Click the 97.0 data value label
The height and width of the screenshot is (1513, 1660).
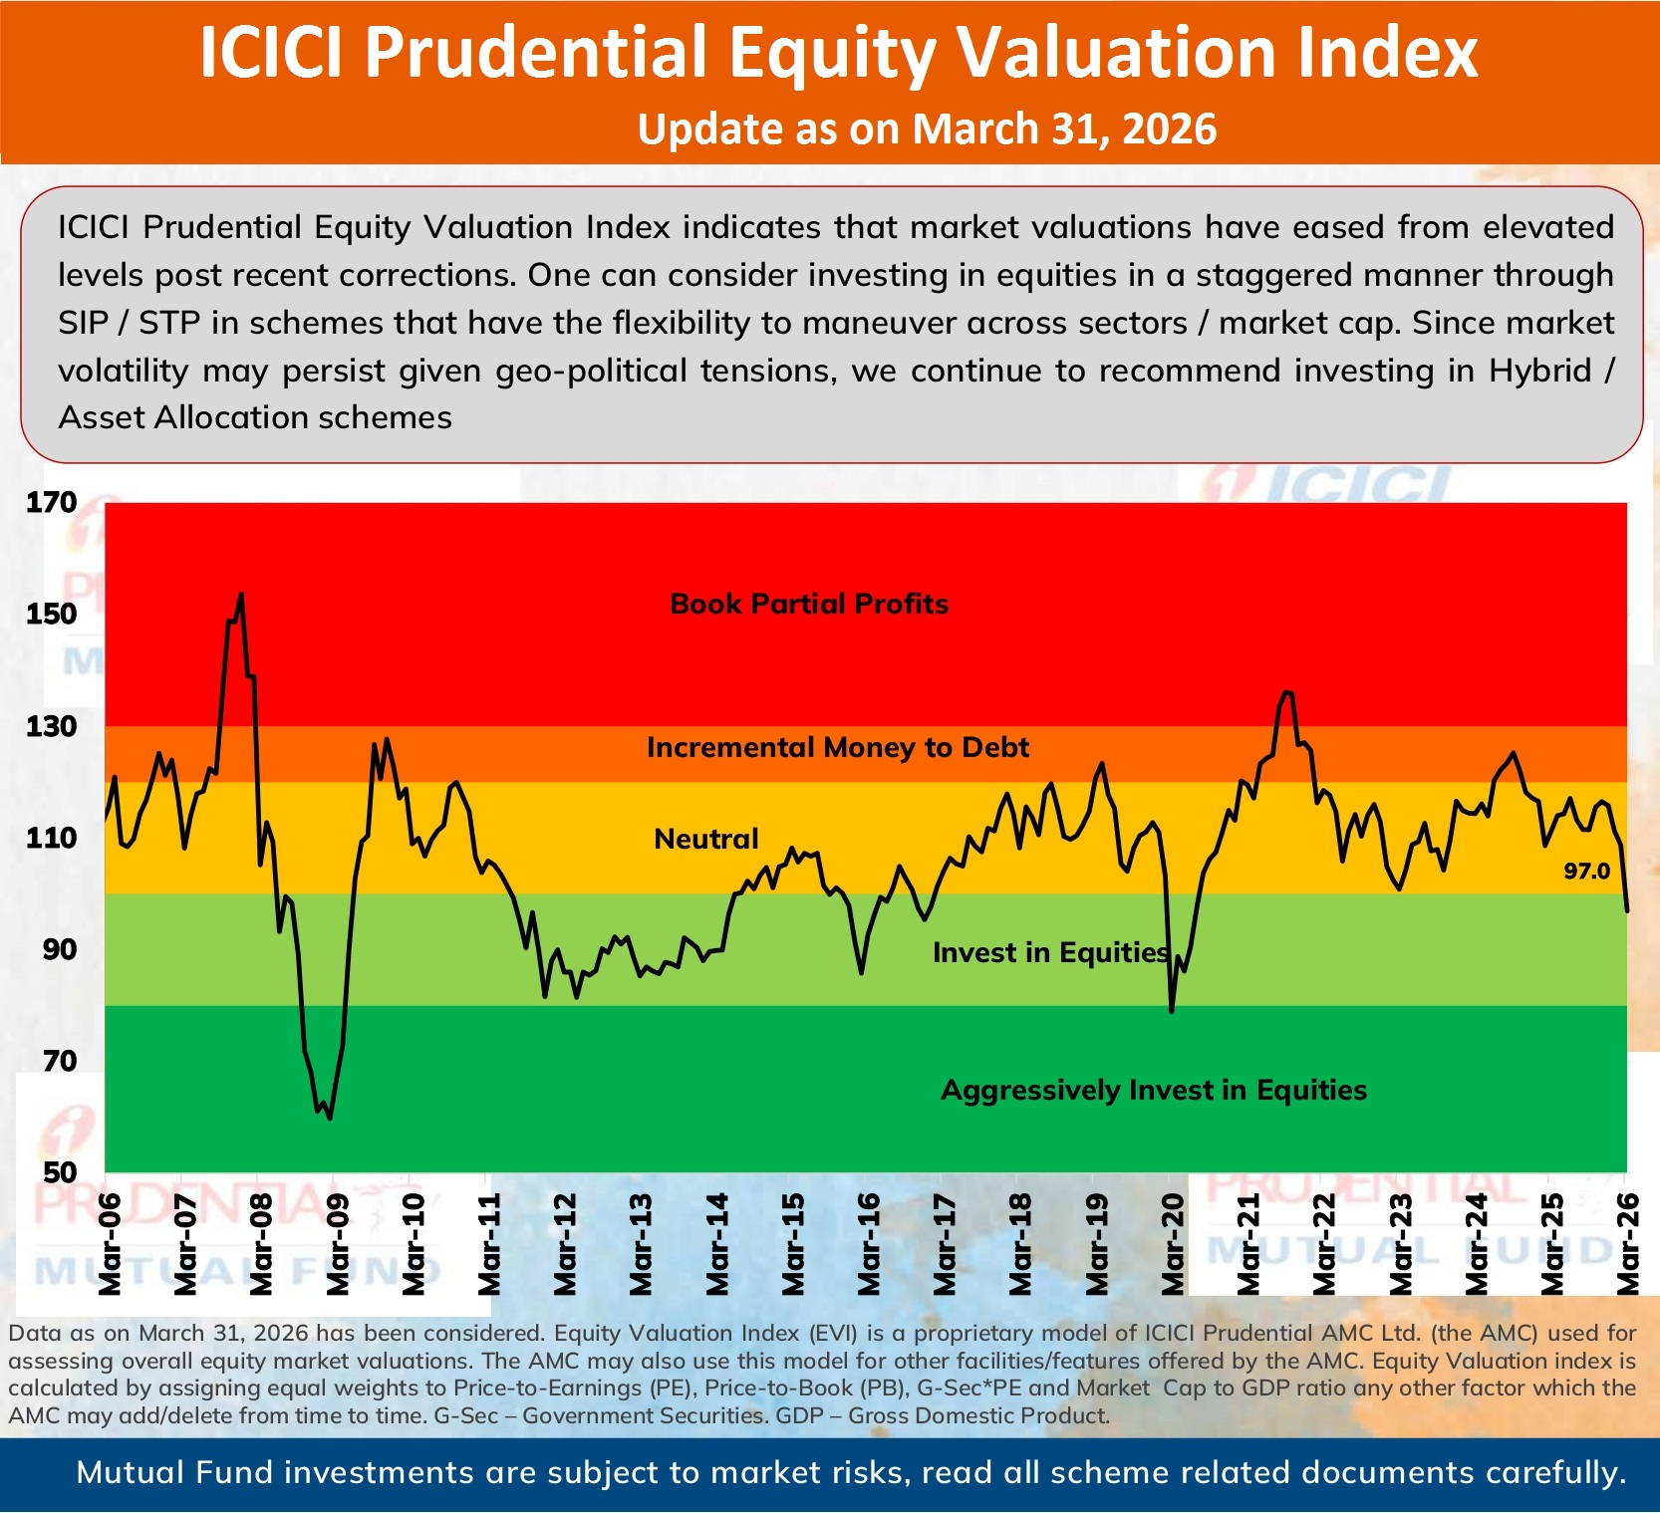1586,872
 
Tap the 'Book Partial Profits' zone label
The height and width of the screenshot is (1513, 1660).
809,604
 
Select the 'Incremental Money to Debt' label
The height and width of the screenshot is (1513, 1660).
837,747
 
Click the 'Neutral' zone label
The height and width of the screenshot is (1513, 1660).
705,839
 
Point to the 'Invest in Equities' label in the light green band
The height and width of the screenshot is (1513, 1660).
1050,952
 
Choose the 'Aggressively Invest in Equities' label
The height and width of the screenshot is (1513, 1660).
1153,1090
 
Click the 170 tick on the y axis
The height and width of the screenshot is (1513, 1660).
52,502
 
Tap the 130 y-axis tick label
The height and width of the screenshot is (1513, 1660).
52,726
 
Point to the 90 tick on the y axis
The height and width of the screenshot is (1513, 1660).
59,949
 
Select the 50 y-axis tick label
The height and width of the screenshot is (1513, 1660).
59,1172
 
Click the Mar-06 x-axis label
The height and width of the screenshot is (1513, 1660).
110,1245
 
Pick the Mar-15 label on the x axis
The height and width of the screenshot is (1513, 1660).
793,1245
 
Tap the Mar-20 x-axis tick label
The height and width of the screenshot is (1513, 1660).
1174,1245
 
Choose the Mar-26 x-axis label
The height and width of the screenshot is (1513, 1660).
1628,1245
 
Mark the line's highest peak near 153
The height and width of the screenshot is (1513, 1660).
241,596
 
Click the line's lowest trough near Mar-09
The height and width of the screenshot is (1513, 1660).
330,1118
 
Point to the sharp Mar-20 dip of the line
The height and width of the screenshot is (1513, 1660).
1172,1010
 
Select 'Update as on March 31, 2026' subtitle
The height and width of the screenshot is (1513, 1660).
927,129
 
